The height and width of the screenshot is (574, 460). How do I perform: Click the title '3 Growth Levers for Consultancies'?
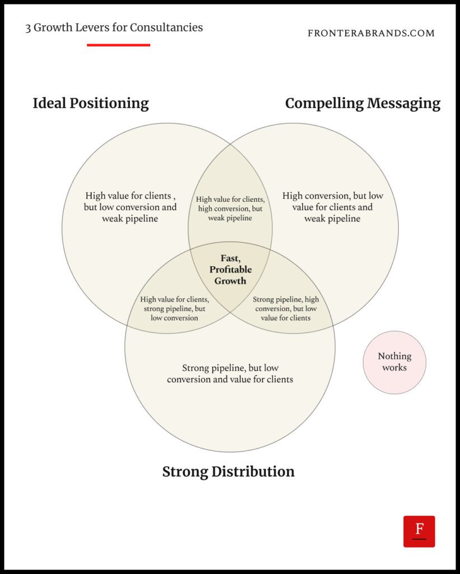click(114, 27)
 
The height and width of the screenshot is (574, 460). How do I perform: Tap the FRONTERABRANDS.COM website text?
click(371, 34)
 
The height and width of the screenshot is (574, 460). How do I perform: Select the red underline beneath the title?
click(118, 45)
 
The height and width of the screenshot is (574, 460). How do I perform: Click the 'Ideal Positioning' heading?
click(91, 104)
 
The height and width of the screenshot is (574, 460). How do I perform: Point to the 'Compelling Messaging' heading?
click(363, 104)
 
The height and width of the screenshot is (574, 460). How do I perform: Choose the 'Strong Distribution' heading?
click(228, 471)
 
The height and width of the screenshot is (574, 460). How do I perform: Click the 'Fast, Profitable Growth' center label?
click(230, 270)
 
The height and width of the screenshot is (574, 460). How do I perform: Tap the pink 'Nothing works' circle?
click(394, 362)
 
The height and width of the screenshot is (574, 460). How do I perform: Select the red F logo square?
click(419, 531)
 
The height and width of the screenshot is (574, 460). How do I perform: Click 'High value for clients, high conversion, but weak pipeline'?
click(230, 209)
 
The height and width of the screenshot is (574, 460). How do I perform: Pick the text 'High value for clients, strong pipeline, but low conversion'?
click(174, 308)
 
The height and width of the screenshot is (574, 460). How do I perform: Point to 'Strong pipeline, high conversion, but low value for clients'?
click(286, 308)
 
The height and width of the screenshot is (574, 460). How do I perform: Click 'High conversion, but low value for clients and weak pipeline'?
click(333, 207)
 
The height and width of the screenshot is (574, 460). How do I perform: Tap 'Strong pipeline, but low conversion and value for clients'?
click(230, 373)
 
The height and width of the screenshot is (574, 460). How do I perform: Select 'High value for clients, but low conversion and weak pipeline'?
click(130, 207)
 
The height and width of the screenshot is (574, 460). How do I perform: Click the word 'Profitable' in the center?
click(230, 270)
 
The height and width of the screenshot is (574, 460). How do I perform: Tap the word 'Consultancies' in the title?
click(170, 27)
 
